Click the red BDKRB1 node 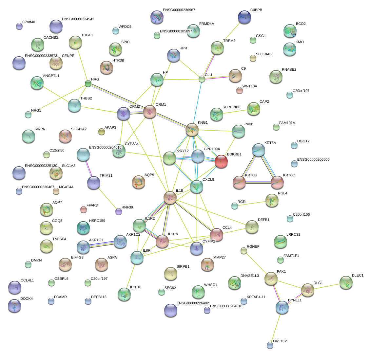[221, 161]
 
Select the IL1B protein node [170, 198]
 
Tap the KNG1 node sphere [192, 130]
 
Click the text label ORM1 [161, 104]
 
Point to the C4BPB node [244, 17]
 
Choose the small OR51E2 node [270, 345]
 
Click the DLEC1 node [346, 282]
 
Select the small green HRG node [88, 84]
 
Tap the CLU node [202, 79]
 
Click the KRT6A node [259, 150]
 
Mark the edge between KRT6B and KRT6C [258, 182]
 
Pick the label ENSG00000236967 [179, 10]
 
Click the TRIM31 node [94, 183]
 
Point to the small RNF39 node [119, 212]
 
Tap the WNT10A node [240, 90]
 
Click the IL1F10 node [124, 294]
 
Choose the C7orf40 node [19, 27]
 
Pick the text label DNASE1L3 [249, 276]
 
